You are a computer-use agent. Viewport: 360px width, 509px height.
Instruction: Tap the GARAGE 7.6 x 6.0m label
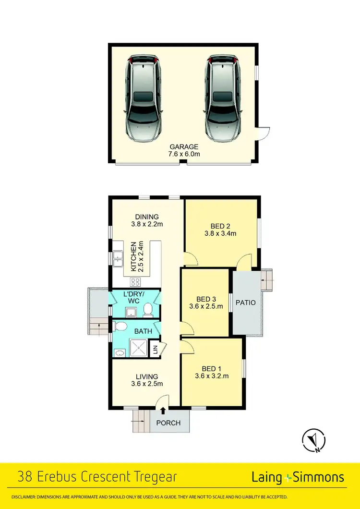[x=184, y=150]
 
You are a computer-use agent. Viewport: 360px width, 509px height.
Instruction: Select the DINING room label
[x=147, y=217]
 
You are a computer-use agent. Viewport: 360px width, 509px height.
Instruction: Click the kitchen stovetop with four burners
[x=135, y=282]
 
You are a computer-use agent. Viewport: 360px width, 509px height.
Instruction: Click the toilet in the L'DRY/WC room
[x=148, y=311]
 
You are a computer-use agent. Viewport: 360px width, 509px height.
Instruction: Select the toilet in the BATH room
[x=121, y=327]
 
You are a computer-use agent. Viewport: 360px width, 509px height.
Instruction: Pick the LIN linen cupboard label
[x=155, y=351]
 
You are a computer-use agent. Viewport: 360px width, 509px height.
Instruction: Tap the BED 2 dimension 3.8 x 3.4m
[x=220, y=234]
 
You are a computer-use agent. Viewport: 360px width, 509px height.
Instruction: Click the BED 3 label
[x=204, y=298]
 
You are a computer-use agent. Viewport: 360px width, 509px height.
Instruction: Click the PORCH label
[x=169, y=423]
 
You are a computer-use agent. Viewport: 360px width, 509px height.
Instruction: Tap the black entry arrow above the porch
[x=164, y=410]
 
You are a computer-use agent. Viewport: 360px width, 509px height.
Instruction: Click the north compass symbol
[x=314, y=440]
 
